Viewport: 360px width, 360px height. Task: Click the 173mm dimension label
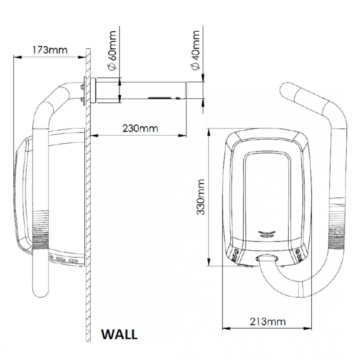click(50, 50)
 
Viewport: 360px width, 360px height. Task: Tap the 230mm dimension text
click(140, 129)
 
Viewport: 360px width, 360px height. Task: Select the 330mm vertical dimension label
click(201, 197)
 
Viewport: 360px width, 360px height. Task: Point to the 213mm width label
click(268, 321)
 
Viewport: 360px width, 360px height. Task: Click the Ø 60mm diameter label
click(112, 50)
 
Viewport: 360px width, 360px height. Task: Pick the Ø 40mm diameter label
click(195, 50)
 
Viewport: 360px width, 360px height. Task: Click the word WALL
click(120, 334)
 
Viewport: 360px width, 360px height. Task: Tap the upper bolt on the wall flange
click(82, 87)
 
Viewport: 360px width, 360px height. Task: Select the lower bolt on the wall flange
click(82, 99)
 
